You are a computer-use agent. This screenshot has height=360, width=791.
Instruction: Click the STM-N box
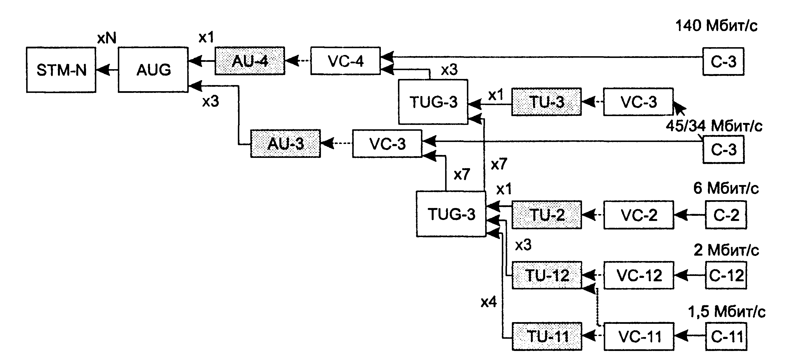point(61,70)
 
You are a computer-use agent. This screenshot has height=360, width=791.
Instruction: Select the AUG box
point(153,70)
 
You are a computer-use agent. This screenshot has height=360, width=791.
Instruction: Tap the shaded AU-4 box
point(250,61)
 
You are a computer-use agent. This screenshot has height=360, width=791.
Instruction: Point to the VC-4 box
point(345,61)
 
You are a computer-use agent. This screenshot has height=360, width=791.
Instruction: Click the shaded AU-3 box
point(286,144)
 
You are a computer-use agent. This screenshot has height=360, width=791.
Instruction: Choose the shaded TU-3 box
point(547,102)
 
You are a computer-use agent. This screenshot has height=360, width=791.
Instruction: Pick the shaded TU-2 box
point(547,215)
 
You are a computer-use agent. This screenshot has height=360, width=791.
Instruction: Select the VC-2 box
point(639,215)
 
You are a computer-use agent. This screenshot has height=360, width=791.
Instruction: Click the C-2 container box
point(726,215)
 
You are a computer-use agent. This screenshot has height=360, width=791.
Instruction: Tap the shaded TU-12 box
point(547,275)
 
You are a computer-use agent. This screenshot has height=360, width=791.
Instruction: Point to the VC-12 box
point(639,275)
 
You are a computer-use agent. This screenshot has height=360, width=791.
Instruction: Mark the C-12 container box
point(726,275)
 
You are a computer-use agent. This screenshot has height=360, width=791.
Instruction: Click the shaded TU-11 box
point(547,336)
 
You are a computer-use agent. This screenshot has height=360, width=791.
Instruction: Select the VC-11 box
point(639,336)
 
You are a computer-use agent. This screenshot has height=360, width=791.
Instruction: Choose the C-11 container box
point(726,336)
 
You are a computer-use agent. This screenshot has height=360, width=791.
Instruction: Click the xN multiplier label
point(107,38)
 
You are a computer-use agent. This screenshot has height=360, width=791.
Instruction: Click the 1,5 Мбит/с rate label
point(726,312)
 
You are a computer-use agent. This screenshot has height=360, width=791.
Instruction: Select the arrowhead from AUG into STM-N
point(103,70)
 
